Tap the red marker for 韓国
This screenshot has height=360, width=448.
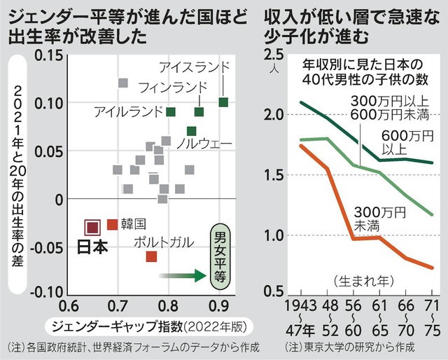(x=112, y=224)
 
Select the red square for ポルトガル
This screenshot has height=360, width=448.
(x=151, y=256)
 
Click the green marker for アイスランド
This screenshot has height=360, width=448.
(x=223, y=102)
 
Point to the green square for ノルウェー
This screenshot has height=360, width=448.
(x=192, y=131)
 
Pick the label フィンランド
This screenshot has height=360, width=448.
(x=173, y=87)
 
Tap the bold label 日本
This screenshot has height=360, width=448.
(x=92, y=247)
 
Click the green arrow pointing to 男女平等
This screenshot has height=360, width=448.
(x=181, y=277)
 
